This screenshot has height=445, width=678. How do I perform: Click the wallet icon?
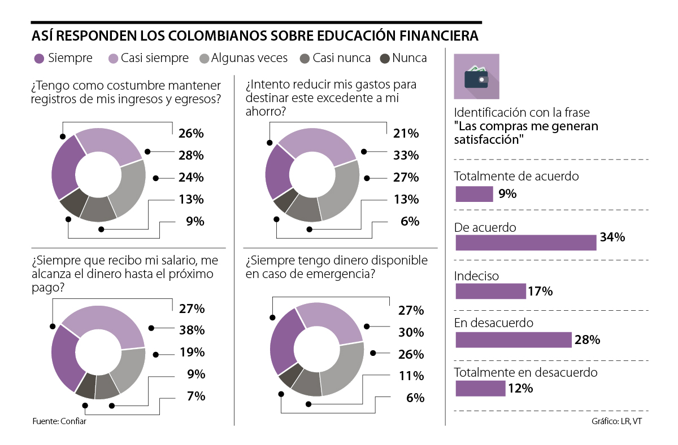coord(476,77)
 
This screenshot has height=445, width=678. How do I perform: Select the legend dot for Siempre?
coord(39,58)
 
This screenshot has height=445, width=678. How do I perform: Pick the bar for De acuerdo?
coord(525,242)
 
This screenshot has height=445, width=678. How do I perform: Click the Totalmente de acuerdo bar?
coord(474,194)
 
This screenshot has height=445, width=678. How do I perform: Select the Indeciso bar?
coord(490,291)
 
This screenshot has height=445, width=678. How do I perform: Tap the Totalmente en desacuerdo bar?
coord(480,388)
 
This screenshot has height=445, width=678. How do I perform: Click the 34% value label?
coord(612,237)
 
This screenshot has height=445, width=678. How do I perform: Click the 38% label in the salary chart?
coord(192,331)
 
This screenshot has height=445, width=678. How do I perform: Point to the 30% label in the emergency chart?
coord(411,333)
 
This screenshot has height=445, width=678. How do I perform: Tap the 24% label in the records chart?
coord(191,178)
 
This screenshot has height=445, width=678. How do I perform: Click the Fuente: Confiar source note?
coord(59,421)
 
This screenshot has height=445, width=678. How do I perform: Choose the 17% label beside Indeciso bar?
coord(540,292)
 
